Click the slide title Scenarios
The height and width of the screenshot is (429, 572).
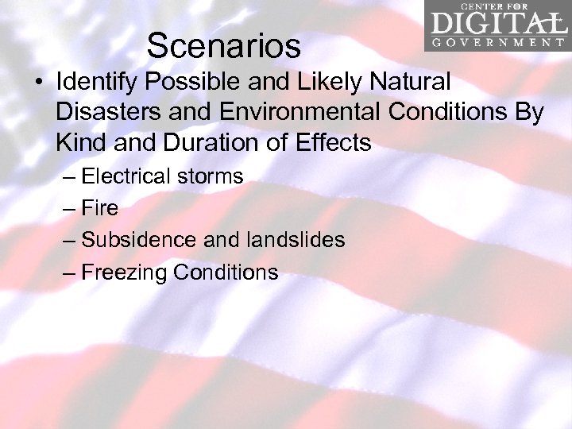(x=223, y=46)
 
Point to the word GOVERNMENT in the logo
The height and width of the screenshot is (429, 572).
(x=497, y=42)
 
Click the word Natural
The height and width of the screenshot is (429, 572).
(x=409, y=81)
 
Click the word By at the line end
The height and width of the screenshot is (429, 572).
(x=528, y=112)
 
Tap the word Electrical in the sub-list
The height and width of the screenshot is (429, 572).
(x=127, y=176)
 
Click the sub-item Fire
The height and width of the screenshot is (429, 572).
(x=99, y=208)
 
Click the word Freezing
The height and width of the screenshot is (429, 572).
(x=124, y=272)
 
